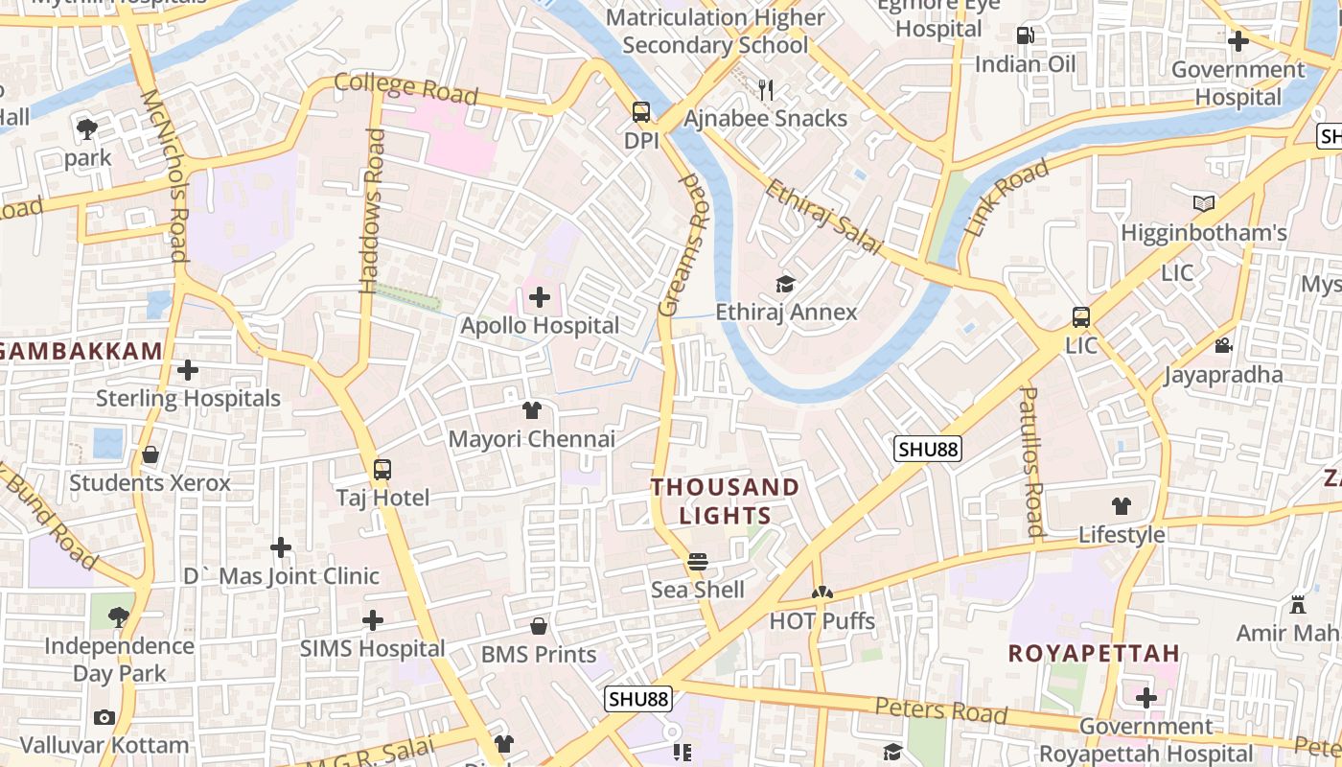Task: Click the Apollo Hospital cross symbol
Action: [540, 296]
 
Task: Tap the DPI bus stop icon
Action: [640, 112]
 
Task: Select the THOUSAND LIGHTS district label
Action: [725, 501]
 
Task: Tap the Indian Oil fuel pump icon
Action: [1025, 35]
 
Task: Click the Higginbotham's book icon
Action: [1204, 203]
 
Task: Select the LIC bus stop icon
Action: [1080, 317]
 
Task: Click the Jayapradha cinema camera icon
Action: [1223, 345]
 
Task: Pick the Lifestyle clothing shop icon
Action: [1122, 506]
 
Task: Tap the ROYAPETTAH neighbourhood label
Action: [1094, 654]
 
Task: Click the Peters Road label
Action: [940, 710]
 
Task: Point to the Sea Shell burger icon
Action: [698, 561]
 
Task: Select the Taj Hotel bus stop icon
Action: [382, 470]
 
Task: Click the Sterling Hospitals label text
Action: [188, 398]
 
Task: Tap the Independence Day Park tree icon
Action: [119, 616]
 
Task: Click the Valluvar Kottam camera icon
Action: [104, 717]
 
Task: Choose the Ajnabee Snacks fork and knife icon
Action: [765, 90]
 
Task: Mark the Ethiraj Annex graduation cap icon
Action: [786, 284]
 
